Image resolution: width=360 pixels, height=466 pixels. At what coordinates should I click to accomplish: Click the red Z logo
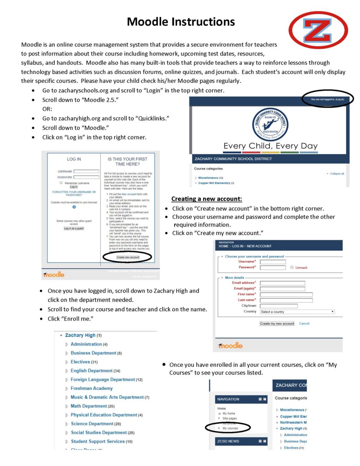318,30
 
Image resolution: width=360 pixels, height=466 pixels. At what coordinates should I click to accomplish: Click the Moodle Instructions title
181,21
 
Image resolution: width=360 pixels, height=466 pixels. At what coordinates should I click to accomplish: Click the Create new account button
128,257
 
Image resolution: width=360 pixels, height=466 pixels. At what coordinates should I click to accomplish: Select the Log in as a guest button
74,228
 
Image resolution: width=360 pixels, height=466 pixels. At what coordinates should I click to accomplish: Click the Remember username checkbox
61,183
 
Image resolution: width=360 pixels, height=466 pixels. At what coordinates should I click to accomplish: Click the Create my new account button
277,323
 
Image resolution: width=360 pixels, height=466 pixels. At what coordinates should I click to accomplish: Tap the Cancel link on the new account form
304,323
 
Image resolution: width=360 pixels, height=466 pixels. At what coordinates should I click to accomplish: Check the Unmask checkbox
292,267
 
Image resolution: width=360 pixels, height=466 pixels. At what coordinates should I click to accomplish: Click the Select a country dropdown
297,312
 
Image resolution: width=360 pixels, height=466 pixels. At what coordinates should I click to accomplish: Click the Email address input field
283,283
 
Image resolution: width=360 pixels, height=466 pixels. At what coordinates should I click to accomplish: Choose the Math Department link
88,406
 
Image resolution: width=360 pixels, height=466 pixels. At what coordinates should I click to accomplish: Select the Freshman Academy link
92,389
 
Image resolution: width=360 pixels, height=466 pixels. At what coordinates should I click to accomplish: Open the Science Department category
92,424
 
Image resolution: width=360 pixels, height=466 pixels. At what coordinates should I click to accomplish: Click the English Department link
92,371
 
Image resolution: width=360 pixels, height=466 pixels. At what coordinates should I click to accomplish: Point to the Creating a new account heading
206,199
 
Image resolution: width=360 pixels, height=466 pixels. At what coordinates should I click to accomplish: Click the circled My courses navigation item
230,428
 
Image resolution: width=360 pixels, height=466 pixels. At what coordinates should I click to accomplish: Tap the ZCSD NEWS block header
228,441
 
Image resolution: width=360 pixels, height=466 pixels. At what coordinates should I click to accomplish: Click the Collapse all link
337,174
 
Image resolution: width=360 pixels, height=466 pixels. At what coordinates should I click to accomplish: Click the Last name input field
286,300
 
